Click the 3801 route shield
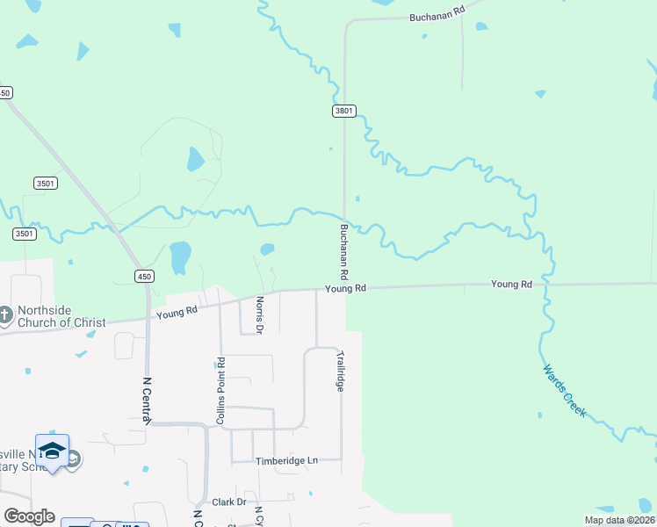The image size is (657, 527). (x=344, y=111)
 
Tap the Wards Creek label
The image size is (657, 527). (x=564, y=390)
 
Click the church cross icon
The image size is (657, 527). (x=6, y=314)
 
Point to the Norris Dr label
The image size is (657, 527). (x=259, y=314)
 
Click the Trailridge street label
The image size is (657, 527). (x=340, y=372)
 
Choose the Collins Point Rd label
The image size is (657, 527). (x=221, y=391)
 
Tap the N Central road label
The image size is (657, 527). (x=147, y=399)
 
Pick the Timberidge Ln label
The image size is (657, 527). (x=285, y=460)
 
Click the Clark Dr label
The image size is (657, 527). (x=229, y=502)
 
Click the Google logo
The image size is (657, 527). (x=29, y=516)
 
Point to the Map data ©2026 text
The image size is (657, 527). (x=618, y=520)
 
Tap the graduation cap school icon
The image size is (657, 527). (x=52, y=450)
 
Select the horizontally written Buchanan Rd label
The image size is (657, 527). (x=437, y=14)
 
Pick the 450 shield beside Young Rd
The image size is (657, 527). (x=144, y=276)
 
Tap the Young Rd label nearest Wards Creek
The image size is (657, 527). (x=512, y=284)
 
